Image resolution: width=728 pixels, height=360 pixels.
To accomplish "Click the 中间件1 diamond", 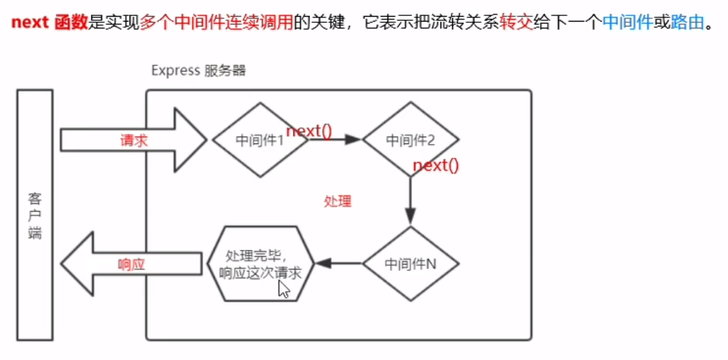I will (260, 140).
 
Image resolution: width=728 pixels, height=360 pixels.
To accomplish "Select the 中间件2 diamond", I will (410, 140).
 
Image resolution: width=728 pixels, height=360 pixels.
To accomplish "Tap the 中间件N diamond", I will (410, 264).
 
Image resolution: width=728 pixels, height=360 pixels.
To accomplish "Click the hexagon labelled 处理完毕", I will (260, 263).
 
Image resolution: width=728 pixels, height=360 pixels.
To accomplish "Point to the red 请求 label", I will (134, 140).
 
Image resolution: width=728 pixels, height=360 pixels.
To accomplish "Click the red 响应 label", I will (131, 264).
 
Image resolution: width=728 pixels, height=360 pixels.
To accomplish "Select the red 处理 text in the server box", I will (338, 202).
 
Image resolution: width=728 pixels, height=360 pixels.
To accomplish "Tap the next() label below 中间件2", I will (436, 166).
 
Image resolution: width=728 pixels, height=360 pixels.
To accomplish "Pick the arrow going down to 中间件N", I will (410, 202).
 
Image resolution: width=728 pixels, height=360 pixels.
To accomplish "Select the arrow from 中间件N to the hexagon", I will (338, 264).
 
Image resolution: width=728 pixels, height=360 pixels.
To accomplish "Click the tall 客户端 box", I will (35, 214).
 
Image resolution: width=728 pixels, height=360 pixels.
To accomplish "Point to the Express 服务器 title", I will (199, 71).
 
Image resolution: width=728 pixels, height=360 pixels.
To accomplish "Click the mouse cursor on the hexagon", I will (284, 288).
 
